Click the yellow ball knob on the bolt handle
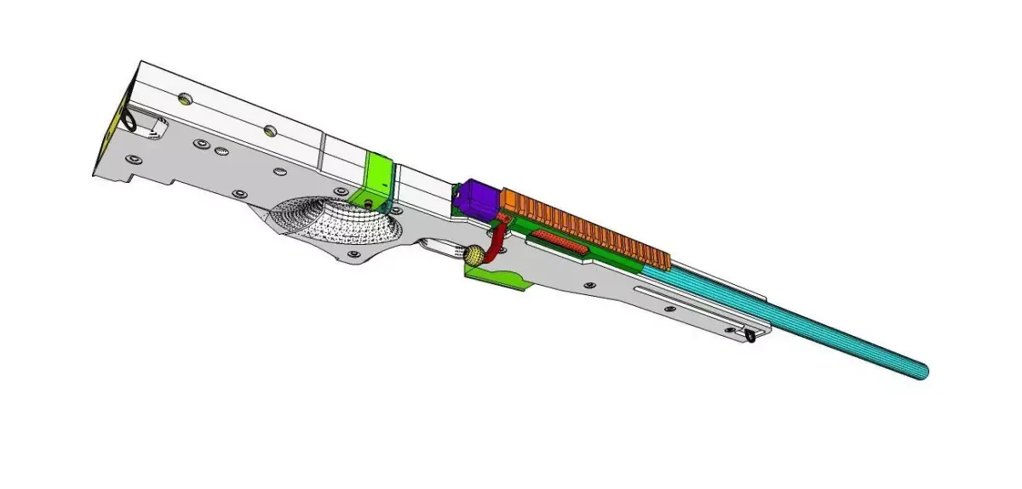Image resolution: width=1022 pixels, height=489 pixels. point(475,254)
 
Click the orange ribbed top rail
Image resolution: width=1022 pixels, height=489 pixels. point(588,223)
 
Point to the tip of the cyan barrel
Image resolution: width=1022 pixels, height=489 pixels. point(922,371)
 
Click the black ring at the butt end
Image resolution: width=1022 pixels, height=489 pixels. point(129,122)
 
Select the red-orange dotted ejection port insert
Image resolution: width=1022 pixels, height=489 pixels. point(558,243)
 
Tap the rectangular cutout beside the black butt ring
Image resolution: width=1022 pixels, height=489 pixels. point(153,128)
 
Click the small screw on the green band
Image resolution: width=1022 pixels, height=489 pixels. point(368,202)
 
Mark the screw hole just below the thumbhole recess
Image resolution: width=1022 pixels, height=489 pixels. point(350,254)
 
